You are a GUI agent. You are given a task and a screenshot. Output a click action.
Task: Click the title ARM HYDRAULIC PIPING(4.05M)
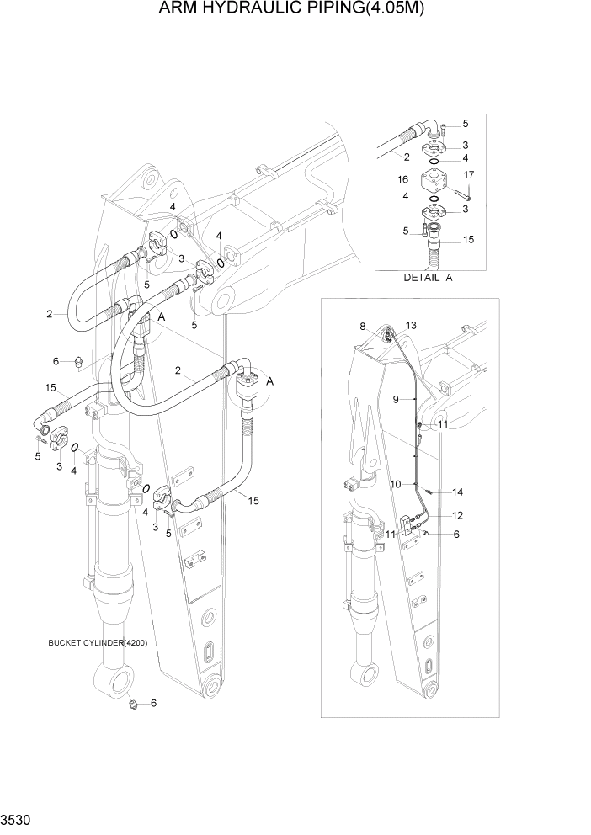(295, 9)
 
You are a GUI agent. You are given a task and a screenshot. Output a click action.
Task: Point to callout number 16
(403, 178)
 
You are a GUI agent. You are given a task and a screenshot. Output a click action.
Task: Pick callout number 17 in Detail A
(470, 175)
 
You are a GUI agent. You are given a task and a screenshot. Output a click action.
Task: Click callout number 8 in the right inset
(363, 326)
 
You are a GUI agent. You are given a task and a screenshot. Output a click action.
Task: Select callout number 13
(411, 326)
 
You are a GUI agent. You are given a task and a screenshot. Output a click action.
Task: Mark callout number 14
(457, 492)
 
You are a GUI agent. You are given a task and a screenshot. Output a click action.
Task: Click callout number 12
(457, 515)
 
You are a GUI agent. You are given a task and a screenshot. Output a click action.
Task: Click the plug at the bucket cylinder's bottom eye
(132, 701)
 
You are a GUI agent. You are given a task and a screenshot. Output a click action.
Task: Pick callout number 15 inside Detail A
(468, 240)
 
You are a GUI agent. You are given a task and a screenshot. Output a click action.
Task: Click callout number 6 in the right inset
(457, 534)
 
